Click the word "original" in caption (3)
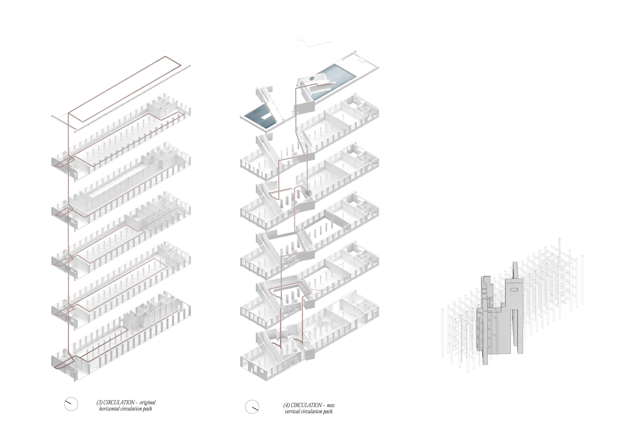[148, 402]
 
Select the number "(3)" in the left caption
[99, 402]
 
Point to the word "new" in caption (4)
[331, 405]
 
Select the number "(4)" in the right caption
[286, 405]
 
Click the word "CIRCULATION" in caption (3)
[119, 402]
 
